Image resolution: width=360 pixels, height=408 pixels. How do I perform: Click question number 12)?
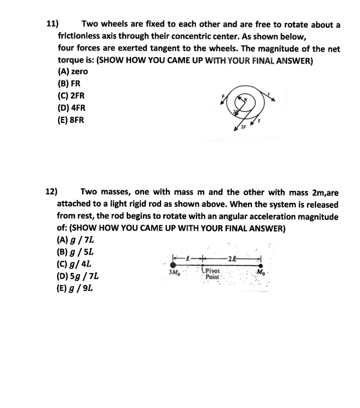[51, 191]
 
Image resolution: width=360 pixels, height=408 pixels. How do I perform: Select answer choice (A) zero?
[72, 72]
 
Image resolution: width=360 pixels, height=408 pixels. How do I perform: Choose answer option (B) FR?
[69, 84]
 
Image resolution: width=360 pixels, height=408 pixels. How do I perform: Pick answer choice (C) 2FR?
[71, 96]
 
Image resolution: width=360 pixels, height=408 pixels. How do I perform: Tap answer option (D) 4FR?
[71, 108]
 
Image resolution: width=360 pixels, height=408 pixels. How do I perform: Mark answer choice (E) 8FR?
[71, 120]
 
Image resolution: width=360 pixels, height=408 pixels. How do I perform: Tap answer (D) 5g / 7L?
[77, 276]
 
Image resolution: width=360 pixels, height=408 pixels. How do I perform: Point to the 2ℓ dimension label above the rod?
[232, 257]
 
